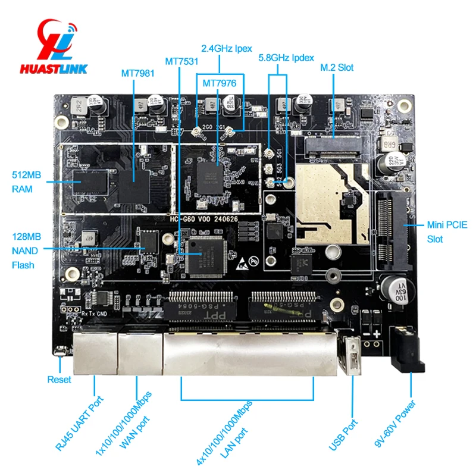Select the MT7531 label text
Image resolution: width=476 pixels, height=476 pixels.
(181, 61)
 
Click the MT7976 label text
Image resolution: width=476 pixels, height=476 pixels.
(220, 83)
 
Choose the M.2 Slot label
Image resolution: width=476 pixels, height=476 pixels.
(337, 67)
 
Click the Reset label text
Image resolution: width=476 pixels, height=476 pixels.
(59, 380)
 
